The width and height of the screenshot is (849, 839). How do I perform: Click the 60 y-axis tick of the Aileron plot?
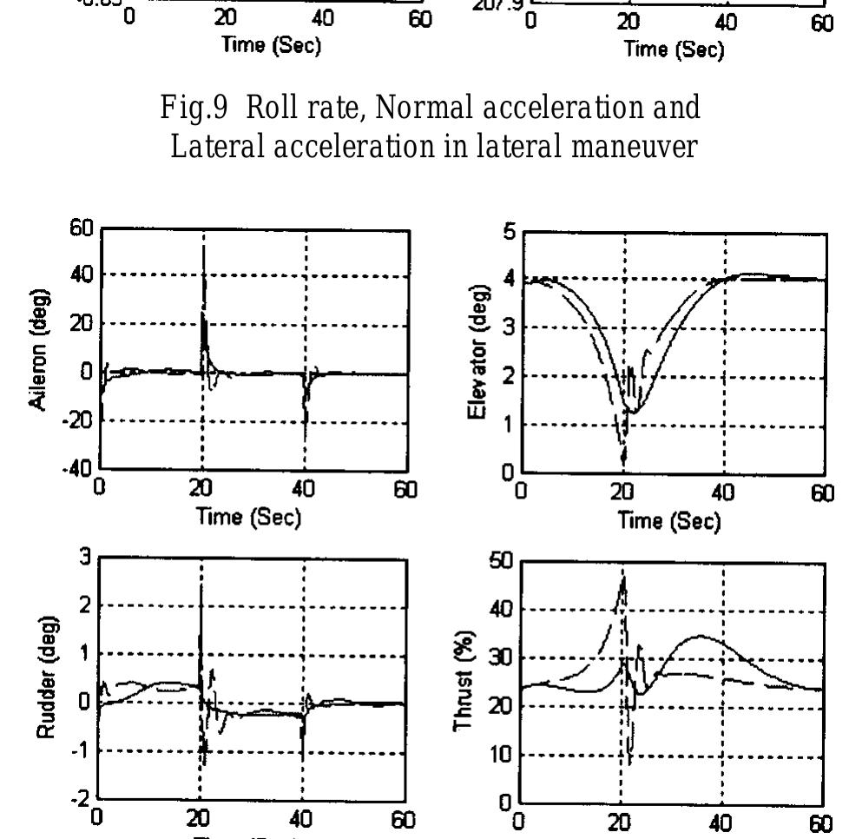(x=81, y=229)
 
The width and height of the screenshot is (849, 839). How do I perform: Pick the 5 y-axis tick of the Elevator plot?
(x=511, y=230)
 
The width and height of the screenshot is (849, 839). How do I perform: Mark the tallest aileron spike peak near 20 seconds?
(x=203, y=248)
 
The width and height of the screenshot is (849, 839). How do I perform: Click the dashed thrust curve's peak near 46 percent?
(x=622, y=577)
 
